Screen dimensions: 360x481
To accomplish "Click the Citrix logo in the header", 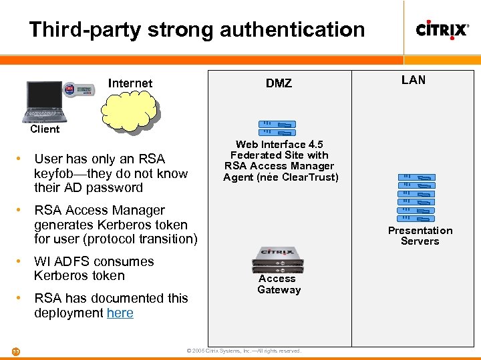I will click(442, 29).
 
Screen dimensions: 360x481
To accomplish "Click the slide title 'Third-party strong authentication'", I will click(197, 29).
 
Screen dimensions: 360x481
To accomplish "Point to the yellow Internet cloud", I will click(130, 109).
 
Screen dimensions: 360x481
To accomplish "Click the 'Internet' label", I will click(130, 83).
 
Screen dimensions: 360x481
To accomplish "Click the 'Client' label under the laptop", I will click(45, 129).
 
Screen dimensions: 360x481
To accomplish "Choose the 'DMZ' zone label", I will click(279, 83).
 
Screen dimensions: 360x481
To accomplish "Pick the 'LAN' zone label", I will click(414, 80).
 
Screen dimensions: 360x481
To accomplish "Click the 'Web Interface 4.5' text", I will click(280, 145).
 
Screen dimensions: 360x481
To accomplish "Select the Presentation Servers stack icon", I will click(416, 197).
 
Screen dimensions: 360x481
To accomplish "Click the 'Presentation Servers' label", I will click(420, 236).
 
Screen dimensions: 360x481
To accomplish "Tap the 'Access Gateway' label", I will click(279, 284).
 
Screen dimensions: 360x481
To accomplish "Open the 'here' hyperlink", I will click(120, 313).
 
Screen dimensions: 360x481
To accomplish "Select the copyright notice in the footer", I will click(244, 351).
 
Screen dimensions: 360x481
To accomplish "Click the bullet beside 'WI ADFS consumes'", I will click(22, 261).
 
